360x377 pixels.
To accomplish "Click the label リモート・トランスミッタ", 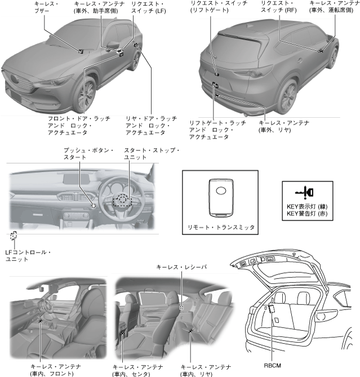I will tap(221, 228).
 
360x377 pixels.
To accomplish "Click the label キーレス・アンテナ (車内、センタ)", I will tap(133, 369).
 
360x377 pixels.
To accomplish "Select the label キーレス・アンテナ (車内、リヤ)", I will tap(205, 369).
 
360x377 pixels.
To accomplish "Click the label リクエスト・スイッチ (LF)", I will tap(146, 7).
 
